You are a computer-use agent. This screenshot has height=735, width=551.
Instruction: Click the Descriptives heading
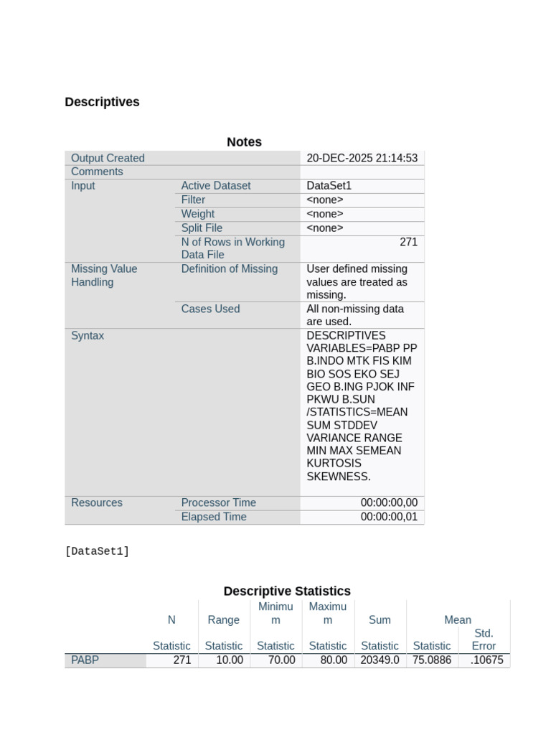pos(102,102)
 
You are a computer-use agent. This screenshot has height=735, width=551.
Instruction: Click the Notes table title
pos(244,142)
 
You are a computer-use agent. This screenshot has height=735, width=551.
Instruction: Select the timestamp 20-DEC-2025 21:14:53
pos(362,158)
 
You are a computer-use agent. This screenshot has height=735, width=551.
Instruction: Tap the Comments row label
pos(97,172)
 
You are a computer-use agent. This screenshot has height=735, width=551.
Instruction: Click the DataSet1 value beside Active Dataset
pos(329,186)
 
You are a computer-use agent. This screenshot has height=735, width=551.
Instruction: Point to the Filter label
pos(193,200)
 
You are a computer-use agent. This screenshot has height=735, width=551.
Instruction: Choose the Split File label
pos(202,228)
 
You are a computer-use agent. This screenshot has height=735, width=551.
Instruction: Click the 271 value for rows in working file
pos(408,242)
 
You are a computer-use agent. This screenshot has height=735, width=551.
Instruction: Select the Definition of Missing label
pos(229,269)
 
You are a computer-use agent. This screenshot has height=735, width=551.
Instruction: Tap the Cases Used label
pos(210,309)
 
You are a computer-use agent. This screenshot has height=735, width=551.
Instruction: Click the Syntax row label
pos(88,336)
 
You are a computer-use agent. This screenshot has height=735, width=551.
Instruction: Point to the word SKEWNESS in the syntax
pos(338,477)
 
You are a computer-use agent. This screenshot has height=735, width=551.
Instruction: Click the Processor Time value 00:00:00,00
pos(389,503)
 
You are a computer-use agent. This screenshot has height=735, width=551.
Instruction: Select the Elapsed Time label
pos(213,517)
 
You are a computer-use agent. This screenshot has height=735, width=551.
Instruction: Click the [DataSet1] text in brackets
pos(97,551)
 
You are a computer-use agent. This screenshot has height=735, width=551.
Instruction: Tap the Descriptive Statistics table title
pos(287,591)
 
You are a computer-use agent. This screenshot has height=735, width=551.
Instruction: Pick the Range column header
pos(224,620)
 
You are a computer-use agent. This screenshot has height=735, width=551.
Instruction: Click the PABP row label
pos(85,660)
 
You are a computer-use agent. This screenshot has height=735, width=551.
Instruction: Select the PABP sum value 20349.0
pos(380,660)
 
